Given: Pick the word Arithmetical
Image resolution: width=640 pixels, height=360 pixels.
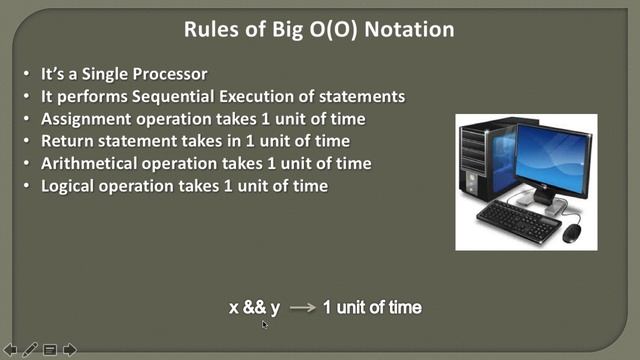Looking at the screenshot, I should click(86, 163).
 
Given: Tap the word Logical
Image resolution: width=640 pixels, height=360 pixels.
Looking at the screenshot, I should click(69, 185).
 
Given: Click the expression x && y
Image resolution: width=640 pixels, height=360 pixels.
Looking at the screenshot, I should click(254, 308).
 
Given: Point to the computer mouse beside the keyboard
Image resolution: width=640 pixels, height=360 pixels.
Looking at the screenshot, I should click(572, 232).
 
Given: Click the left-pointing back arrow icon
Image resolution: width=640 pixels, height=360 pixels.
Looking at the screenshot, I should click(10, 349).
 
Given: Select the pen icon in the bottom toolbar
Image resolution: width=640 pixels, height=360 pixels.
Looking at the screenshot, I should click(30, 349).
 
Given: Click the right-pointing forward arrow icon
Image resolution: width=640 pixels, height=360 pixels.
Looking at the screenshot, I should click(70, 349).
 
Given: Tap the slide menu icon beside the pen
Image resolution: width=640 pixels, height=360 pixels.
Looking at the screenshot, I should click(50, 349).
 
